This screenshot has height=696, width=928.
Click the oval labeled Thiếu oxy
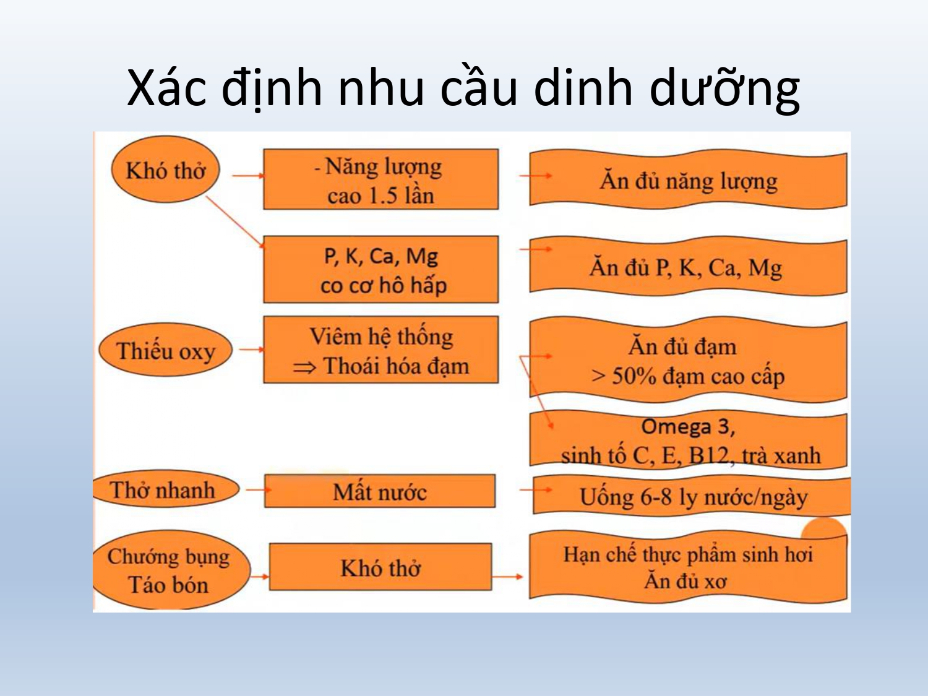pyautogui.click(x=165, y=350)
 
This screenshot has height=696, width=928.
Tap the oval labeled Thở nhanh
pyautogui.click(x=166, y=490)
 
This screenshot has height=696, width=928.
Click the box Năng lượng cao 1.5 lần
pyautogui.click(x=381, y=179)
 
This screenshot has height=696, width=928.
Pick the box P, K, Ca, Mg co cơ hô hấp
pyautogui.click(x=381, y=269)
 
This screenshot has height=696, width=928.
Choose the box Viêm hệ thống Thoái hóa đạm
pyautogui.click(x=381, y=350)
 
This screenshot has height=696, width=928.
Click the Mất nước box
pyautogui.click(x=380, y=491)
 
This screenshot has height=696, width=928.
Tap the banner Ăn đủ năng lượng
pyautogui.click(x=689, y=179)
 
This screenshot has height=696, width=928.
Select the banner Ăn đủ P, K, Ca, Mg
pyautogui.click(x=689, y=267)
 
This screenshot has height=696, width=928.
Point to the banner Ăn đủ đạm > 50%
pyautogui.click(x=689, y=361)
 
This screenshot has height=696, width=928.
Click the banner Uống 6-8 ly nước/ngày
pyautogui.click(x=692, y=496)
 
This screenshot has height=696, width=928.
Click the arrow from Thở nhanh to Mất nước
pyautogui.click(x=259, y=490)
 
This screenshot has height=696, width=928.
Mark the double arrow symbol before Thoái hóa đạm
pyautogui.click(x=304, y=367)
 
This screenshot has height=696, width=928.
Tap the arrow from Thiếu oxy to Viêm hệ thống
pyautogui.click(x=252, y=350)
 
